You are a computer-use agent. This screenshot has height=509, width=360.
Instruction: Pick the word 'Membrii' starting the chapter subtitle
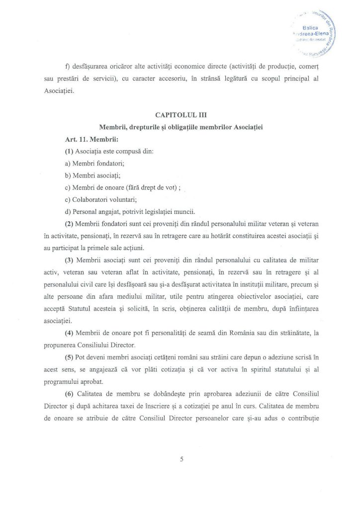[113, 127]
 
